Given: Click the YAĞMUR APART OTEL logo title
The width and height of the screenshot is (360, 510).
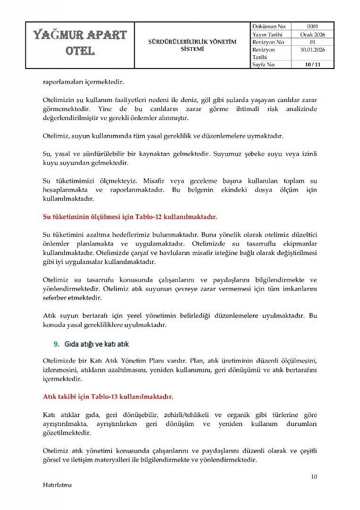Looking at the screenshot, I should pos(80,44).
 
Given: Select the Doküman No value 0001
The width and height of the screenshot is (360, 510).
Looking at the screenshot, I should pos(313,26).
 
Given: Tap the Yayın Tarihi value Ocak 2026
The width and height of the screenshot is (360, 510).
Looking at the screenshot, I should pos(313,34).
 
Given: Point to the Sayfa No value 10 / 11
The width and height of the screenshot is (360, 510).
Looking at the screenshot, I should pos(313,64).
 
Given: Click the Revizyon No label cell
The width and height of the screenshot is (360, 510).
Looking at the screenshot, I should pos(268,41).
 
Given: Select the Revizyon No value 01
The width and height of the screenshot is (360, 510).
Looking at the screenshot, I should pos(313,41).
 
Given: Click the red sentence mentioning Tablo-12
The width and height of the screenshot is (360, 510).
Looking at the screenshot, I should pos(130,217).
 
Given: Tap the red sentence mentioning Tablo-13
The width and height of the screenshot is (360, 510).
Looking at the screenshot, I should pos(108,396).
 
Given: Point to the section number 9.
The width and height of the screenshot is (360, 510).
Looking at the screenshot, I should pos(56,344).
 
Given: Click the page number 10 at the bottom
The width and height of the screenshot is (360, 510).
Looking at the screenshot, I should pos(314,477).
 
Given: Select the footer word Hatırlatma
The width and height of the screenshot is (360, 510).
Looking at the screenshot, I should pos(57,485).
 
